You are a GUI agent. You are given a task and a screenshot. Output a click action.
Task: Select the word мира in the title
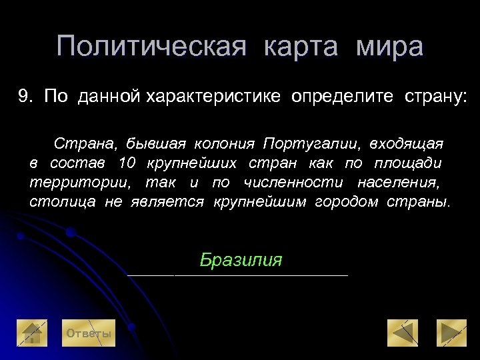pos(389,47)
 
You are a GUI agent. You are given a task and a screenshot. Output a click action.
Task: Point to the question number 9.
pos(25,97)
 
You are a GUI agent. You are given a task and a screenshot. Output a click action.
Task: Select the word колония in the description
pos(224,144)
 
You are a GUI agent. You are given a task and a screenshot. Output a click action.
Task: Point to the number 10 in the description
pos(127,163)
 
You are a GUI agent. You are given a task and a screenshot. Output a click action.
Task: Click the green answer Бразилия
pos(241,260)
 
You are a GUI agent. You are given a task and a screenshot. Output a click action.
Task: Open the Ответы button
pos(87,334)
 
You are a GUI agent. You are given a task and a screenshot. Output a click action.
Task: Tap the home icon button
pos(32,333)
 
